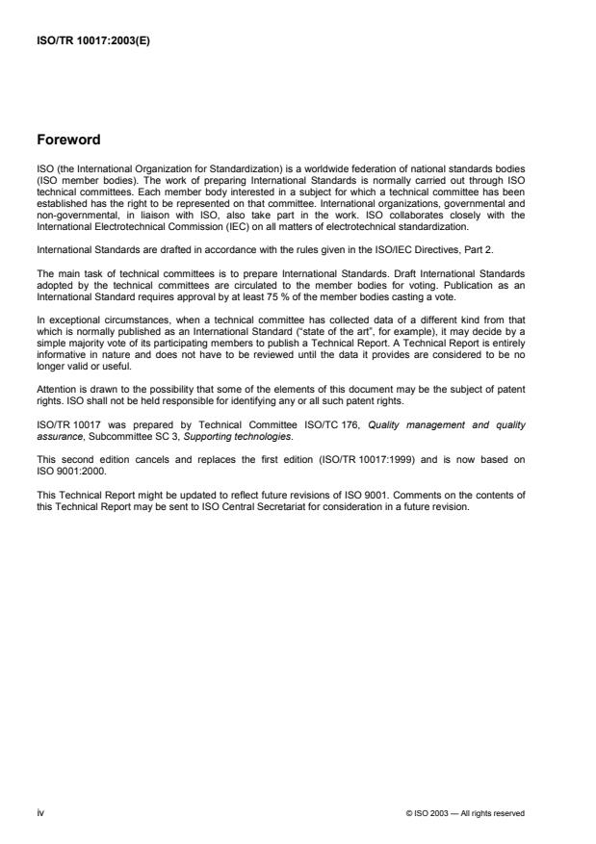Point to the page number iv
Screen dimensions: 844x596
pyautogui.click(x=40, y=812)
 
